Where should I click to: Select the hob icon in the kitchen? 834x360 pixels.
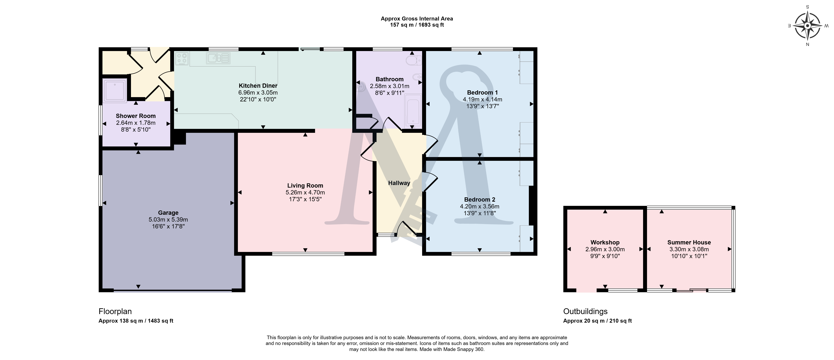182,58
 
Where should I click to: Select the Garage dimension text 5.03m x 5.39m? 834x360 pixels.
168,220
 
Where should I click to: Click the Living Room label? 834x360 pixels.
305,186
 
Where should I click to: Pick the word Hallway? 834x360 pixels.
399,183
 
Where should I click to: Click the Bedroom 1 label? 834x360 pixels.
482,93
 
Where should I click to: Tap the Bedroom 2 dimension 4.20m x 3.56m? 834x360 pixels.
480,206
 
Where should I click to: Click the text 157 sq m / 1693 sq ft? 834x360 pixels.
417,25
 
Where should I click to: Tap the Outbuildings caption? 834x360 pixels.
585,312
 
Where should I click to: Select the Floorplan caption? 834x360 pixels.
115,312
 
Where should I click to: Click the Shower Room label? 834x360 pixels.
136,116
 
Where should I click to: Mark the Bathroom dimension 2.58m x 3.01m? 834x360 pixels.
390,86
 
